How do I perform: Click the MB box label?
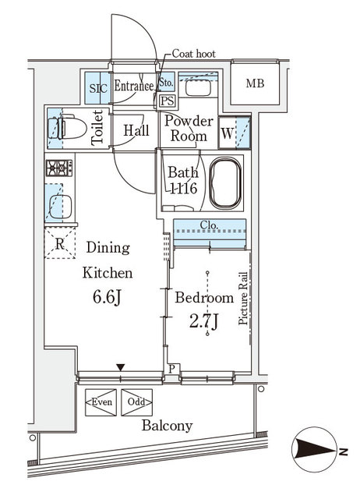255,83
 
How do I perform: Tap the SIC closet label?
97,87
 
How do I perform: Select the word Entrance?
134,87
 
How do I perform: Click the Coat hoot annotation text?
194,55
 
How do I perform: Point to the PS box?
167,100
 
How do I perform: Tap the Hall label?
136,131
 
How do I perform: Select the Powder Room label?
188,128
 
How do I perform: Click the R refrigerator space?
60,244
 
